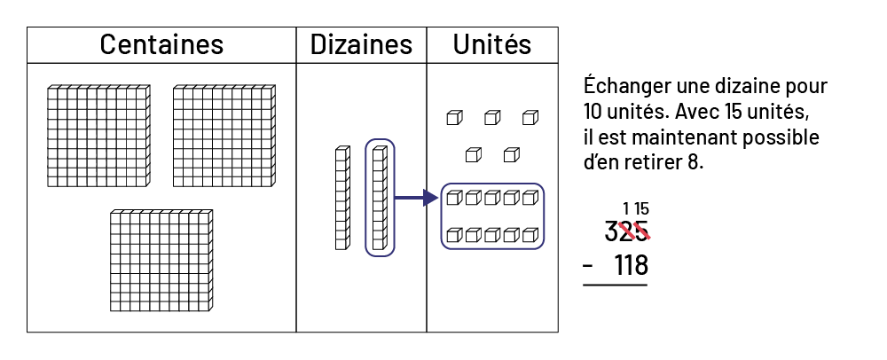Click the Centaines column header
click(161, 44)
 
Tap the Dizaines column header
click(361, 44)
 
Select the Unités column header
click(492, 44)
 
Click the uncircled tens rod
click(341, 198)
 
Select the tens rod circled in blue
click(380, 198)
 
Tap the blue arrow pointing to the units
click(417, 198)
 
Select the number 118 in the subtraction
click(631, 265)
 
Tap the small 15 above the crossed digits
click(641, 209)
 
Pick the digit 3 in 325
click(610, 232)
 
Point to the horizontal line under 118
click(615, 285)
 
